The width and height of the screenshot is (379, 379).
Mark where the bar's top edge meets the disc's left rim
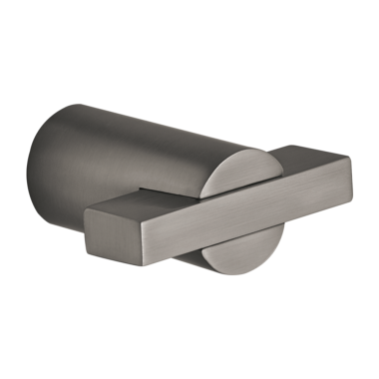[203, 188]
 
